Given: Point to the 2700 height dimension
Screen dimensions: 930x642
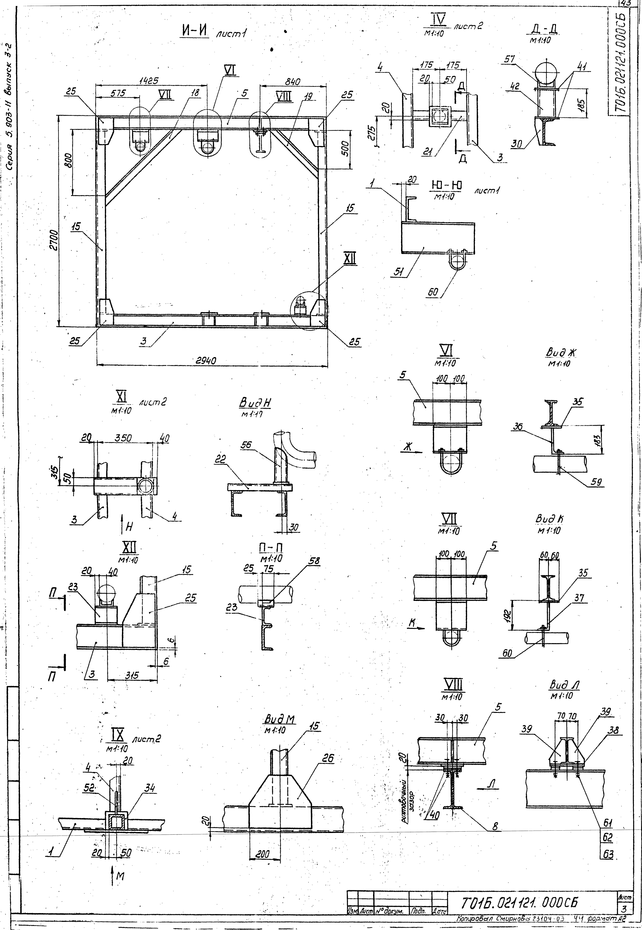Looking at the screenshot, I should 52,240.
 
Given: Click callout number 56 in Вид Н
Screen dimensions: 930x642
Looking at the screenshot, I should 246,444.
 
